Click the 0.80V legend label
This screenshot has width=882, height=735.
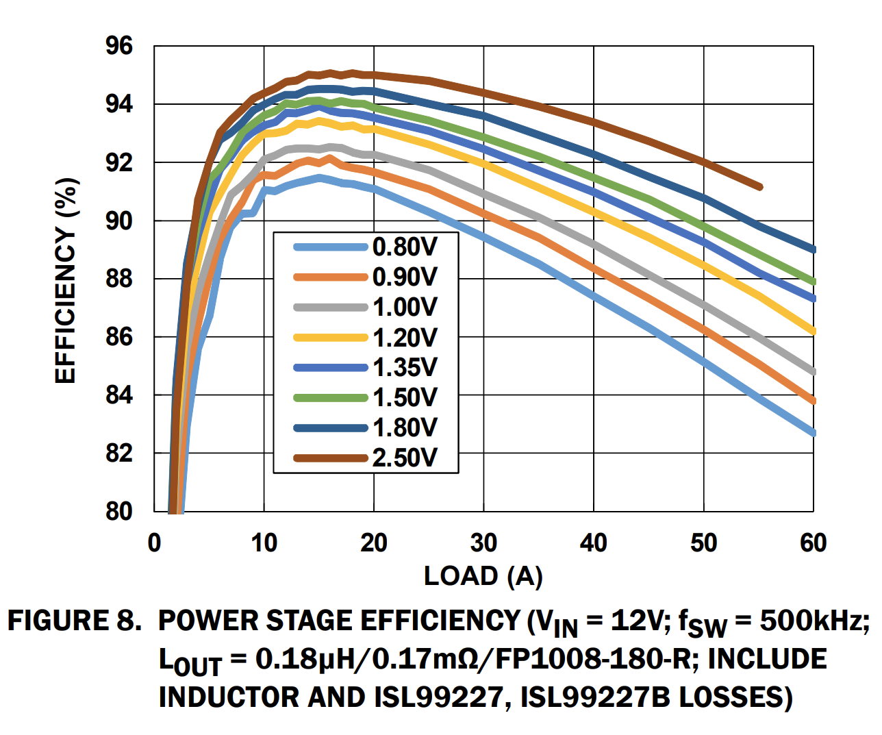tap(404, 247)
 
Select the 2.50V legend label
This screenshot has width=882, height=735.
tap(404, 458)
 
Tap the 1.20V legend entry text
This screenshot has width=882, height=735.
tap(404, 338)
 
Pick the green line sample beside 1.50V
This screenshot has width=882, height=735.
tap(331, 398)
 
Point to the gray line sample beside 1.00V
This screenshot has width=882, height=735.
tap(331, 308)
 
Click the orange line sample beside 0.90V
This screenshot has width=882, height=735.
tap(331, 277)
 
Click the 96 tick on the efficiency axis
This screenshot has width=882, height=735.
tap(118, 47)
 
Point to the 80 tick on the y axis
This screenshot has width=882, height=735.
tap(118, 511)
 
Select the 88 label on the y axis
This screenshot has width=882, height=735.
tap(118, 279)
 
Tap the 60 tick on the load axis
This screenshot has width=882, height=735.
tap(813, 543)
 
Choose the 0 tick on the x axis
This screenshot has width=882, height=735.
tap(155, 543)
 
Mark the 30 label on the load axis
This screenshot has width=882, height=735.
tap(483, 543)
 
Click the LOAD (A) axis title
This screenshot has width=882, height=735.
tap(483, 576)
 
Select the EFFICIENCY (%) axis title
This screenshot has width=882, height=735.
tap(66, 280)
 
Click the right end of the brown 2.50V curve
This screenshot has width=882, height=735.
tap(759, 187)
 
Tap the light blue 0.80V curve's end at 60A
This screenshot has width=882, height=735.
tap(812, 432)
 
